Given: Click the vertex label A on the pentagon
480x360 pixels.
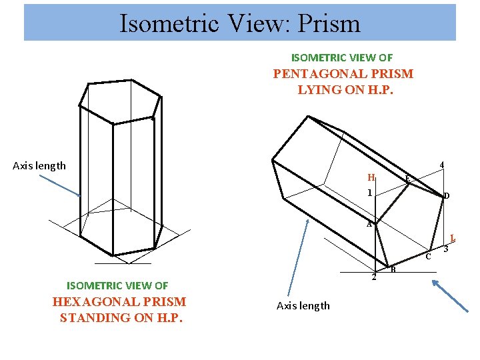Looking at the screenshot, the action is (x=369, y=225).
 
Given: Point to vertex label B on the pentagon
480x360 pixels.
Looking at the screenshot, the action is (x=393, y=269).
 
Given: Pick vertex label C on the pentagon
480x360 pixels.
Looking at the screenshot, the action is (x=429, y=257).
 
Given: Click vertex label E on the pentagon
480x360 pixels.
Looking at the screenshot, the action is (x=407, y=178).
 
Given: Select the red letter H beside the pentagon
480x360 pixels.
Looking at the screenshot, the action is (x=371, y=178).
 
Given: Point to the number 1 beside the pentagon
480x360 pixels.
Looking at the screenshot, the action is (x=369, y=193).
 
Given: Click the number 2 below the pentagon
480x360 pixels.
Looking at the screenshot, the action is (x=374, y=277).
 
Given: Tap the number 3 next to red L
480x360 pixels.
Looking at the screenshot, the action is (x=445, y=250).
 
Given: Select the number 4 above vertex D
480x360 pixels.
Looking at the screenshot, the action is (x=442, y=165).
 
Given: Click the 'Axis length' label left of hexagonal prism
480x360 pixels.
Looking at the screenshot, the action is (x=39, y=166).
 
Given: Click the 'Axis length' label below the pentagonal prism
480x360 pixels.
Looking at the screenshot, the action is (x=303, y=306).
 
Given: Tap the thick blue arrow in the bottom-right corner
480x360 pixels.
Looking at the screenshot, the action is (x=451, y=295).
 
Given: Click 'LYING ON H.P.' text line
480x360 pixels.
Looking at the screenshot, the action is (x=345, y=89).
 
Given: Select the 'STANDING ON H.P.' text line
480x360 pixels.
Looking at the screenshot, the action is (x=121, y=317).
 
